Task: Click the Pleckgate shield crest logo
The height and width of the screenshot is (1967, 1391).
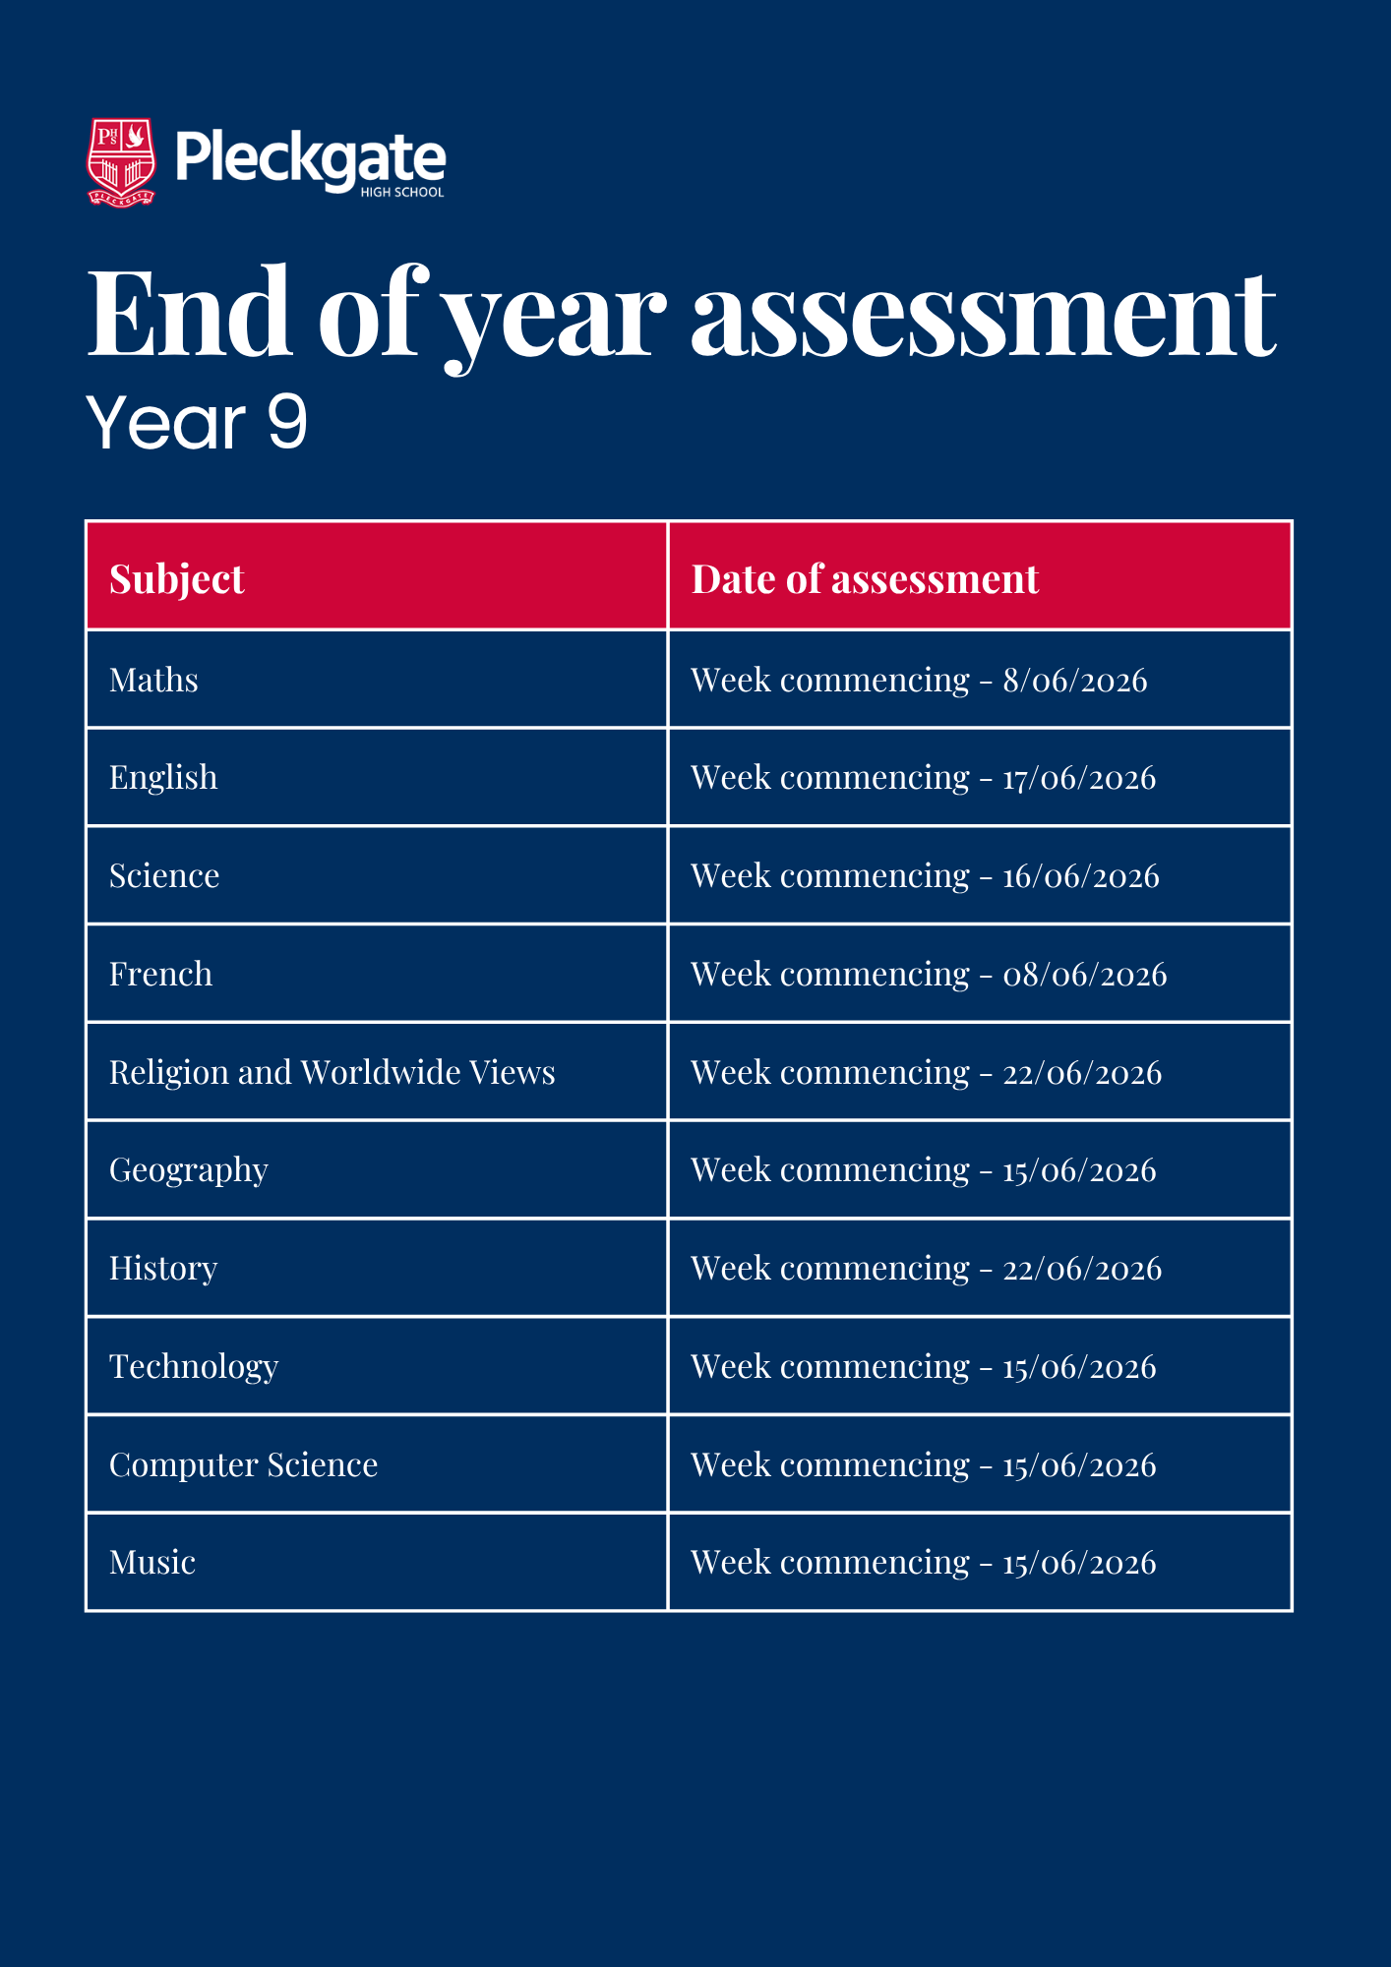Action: point(122,162)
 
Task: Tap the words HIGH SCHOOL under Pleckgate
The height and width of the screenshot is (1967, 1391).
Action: point(401,193)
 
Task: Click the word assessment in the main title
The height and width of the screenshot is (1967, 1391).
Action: point(983,314)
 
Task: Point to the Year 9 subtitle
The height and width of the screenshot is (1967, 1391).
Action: point(197,423)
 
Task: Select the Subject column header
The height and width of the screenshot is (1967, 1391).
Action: point(177,578)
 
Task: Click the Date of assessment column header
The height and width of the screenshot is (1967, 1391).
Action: point(865,578)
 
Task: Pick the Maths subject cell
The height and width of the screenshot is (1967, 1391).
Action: point(154,680)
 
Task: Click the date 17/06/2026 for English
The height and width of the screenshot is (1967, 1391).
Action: point(1079,778)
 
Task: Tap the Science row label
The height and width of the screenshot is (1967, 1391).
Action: point(164,875)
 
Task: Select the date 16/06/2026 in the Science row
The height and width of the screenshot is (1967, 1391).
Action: point(1081,875)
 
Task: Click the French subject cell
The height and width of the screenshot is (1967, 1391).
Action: point(161,974)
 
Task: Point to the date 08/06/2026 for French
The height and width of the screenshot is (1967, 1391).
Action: point(1084,974)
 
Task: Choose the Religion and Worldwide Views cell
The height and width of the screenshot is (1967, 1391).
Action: point(333,1072)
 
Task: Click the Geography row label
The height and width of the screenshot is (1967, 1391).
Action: point(189,1170)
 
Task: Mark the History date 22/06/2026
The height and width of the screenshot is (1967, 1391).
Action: point(1082,1269)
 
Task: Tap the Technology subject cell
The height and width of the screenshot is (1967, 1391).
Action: point(194,1366)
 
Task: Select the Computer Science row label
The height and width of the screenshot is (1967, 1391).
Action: point(244,1464)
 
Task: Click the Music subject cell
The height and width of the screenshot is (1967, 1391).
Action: point(152,1562)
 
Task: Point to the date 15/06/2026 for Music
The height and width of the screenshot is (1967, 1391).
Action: point(1079,1562)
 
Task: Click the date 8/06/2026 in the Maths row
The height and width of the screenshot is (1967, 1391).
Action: point(1075,680)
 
